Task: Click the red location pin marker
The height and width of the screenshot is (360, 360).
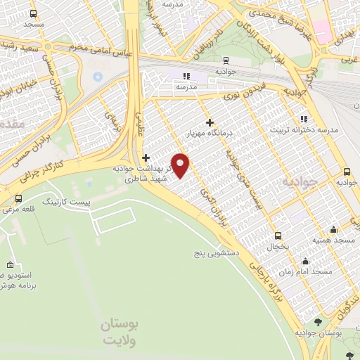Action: click(x=181, y=165)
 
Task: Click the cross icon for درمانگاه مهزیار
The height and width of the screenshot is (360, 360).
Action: click(x=210, y=122)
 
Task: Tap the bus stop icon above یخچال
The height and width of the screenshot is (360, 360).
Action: click(x=278, y=236)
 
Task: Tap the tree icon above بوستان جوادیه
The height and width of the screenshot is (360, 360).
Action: click(x=319, y=321)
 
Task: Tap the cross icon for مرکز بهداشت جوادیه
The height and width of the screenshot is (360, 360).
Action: click(x=146, y=157)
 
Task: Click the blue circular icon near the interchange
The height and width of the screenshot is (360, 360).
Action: click(x=98, y=75)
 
